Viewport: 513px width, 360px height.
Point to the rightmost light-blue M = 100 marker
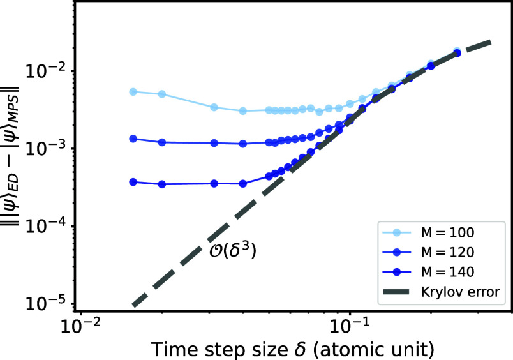(x=457, y=51)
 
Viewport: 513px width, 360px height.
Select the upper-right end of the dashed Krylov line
(x=489, y=42)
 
